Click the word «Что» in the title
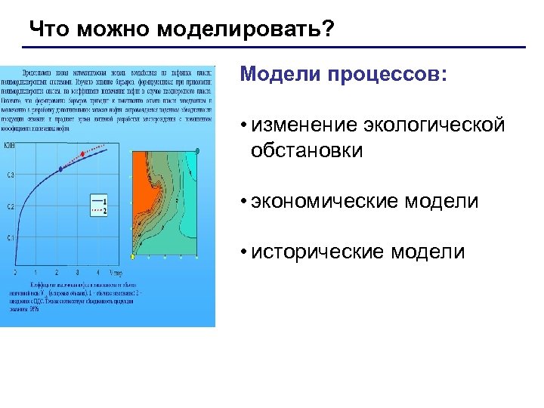pos(47,29)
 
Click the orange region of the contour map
pos(144,181)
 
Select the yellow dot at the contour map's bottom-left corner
pos(132,257)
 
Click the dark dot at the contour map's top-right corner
pos(197,151)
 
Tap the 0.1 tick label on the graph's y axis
pos(10,238)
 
